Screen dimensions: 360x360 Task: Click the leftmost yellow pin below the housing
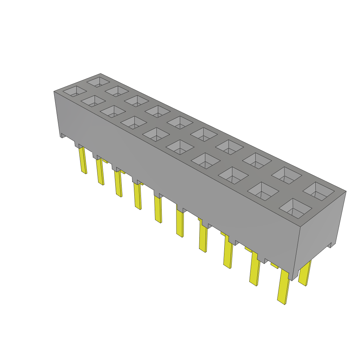pos(83,160)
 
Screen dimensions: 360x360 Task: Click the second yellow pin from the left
pos(100,172)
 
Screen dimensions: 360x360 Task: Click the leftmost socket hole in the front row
pos(75,91)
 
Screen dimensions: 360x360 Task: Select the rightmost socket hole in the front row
pos(296,207)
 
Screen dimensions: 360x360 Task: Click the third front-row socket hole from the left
pos(113,111)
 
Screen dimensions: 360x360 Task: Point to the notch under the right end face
pos(330,245)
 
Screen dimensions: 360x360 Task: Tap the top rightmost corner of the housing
pos(346,191)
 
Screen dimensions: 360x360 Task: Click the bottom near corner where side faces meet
pos(292,280)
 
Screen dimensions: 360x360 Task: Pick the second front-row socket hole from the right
pos(263,191)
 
